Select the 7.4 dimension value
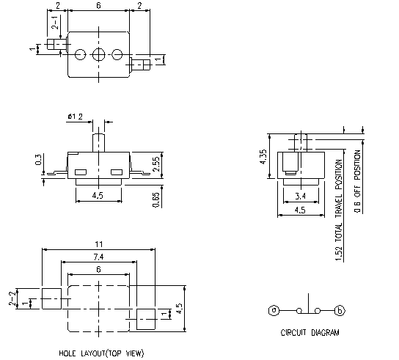coord(99,256)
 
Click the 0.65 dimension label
coord(156,199)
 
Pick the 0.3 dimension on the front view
coord(39,159)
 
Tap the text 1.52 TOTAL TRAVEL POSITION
coord(338,210)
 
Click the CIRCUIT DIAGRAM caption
coord(310,332)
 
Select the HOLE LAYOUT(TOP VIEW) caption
coord(101,353)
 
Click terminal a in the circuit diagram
coord(273,310)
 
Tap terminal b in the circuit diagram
coord(339,310)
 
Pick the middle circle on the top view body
coord(99,54)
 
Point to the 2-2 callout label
coord(12,298)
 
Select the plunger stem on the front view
coord(99,139)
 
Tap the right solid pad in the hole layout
coord(147,316)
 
